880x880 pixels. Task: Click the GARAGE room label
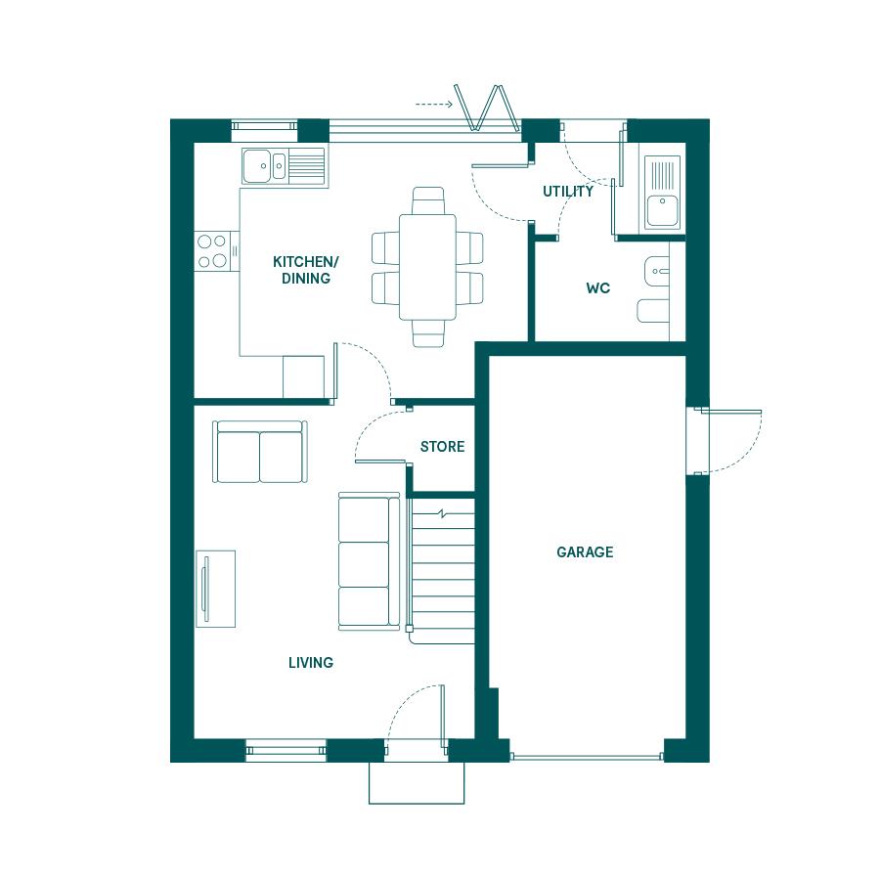(x=585, y=552)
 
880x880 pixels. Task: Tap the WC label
(x=597, y=288)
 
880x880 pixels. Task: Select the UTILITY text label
(x=568, y=192)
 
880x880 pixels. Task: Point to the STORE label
(x=442, y=447)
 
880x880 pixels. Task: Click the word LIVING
(x=311, y=663)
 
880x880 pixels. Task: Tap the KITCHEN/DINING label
(x=306, y=270)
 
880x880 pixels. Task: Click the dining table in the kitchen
(x=427, y=267)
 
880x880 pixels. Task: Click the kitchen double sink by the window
(x=284, y=166)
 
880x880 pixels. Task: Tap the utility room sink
(x=662, y=193)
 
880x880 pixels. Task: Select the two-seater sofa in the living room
(x=260, y=452)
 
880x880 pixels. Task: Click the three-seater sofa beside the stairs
(x=370, y=562)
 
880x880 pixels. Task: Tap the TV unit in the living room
(x=215, y=589)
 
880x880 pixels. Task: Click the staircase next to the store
(x=441, y=571)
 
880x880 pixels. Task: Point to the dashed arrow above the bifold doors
(x=434, y=105)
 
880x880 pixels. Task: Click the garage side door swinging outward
(x=729, y=442)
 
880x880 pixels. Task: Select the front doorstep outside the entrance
(x=417, y=783)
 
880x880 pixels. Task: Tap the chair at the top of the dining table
(x=428, y=200)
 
